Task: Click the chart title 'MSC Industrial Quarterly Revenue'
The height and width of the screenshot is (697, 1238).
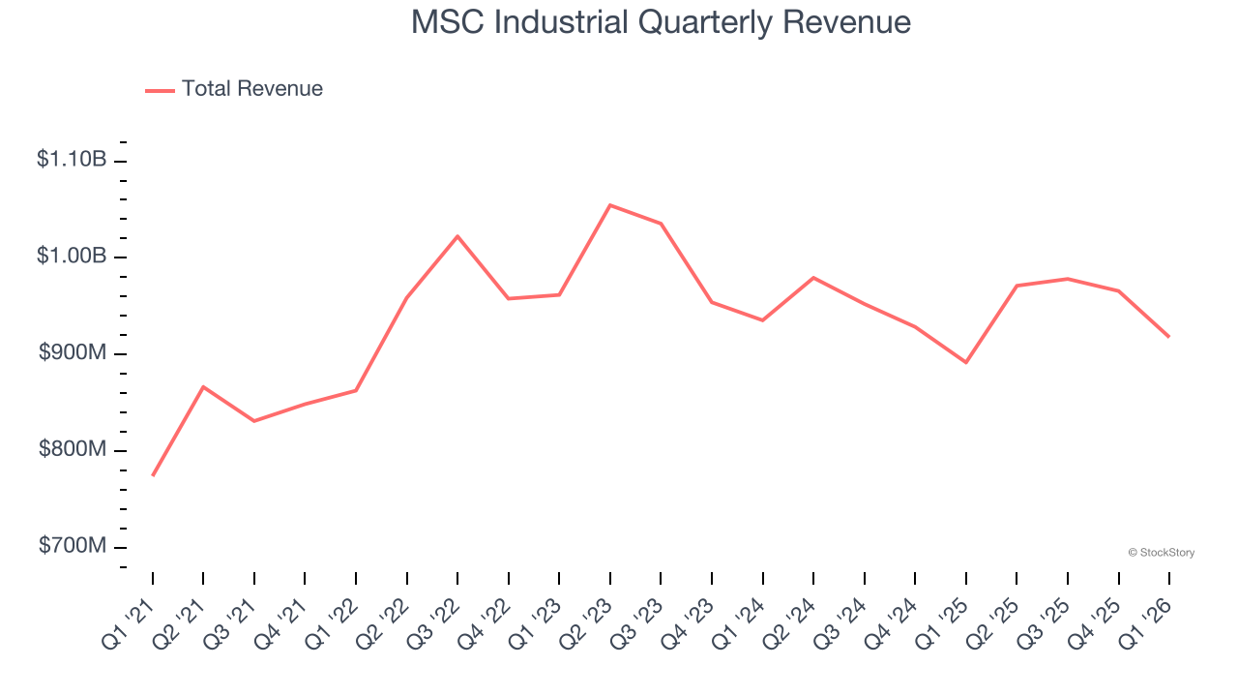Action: coord(661,21)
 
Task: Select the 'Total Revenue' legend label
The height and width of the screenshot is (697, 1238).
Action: coord(251,89)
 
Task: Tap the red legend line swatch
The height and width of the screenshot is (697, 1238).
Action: coord(160,90)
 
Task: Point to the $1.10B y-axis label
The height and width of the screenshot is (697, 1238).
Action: coord(72,159)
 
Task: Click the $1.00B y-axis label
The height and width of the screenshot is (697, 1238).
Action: coord(72,256)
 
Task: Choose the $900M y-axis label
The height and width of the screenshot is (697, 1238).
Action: coord(73,353)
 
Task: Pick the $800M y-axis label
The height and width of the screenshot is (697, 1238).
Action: coord(73,449)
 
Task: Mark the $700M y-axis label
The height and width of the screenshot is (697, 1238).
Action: coord(73,546)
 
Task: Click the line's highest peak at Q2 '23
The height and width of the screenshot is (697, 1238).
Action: coord(610,205)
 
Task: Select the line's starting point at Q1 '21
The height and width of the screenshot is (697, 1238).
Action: coord(153,475)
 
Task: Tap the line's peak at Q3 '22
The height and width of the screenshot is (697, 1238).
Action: coord(457,236)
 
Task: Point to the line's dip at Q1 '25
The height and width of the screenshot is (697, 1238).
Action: coord(965,362)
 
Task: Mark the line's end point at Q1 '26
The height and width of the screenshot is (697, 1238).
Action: coord(1168,337)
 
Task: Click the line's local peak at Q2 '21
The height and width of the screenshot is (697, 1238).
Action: coord(203,387)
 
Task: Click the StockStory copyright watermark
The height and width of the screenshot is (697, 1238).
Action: coord(1161,553)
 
